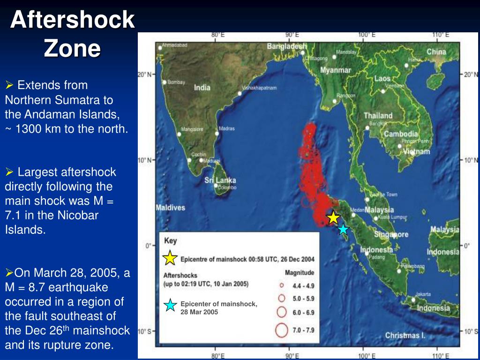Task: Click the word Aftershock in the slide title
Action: (x=73, y=20)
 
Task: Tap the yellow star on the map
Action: (x=333, y=217)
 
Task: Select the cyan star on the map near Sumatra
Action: (x=343, y=229)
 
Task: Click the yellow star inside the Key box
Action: (x=170, y=258)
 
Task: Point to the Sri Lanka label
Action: (x=220, y=180)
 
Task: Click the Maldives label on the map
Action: (x=170, y=208)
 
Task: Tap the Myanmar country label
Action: (x=336, y=70)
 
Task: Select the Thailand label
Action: (x=378, y=115)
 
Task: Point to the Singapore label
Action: (x=391, y=234)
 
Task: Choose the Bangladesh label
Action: (x=286, y=46)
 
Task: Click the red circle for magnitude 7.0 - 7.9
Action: (x=281, y=330)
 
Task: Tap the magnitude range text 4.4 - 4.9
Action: (x=304, y=285)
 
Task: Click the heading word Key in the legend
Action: (x=171, y=241)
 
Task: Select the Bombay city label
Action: (x=176, y=82)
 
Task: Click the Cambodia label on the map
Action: (x=401, y=134)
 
